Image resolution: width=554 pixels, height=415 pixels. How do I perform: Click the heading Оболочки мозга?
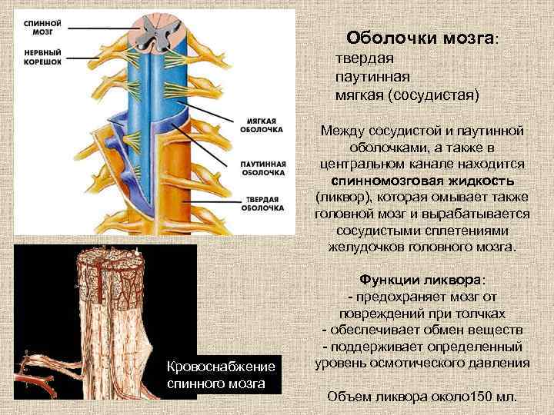click(420, 38)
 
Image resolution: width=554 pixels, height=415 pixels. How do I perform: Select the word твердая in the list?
click(365, 59)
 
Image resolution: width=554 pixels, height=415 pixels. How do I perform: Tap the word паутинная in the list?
click(372, 77)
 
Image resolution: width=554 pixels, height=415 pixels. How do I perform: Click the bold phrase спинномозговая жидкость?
click(422, 181)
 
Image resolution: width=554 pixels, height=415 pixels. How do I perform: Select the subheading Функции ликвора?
click(422, 281)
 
